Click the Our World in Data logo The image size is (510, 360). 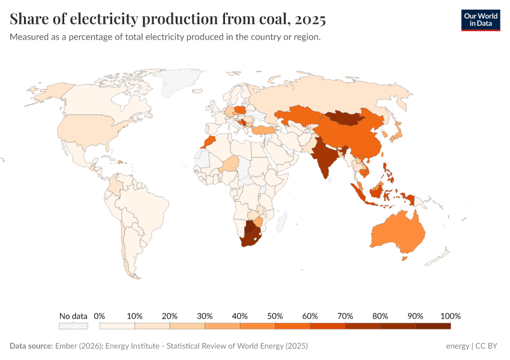click(480, 20)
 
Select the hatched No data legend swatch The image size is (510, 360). click(73, 326)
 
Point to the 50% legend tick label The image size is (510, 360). click(275, 316)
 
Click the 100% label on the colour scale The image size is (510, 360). click(450, 316)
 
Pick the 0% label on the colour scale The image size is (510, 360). click(100, 316)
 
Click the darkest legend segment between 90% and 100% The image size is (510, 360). click(433, 326)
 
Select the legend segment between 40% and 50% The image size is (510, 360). click(257, 326)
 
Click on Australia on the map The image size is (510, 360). click(397, 231)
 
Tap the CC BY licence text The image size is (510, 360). click(487, 346)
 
